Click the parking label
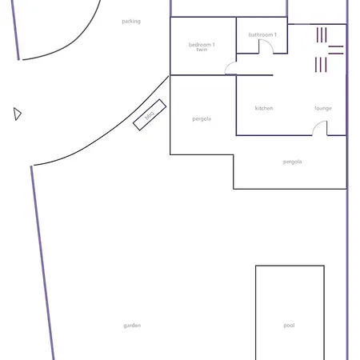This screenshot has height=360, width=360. tap(130, 22)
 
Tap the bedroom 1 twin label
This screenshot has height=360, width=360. tap(202, 46)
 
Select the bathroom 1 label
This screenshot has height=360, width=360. tap(262, 35)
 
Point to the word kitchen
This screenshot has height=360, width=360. tap(264, 108)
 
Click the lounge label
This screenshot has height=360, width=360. tap(323, 108)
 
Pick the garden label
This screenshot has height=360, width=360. tap(132, 326)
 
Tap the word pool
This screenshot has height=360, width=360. tap(289, 326)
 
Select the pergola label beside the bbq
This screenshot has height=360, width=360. tap(202, 119)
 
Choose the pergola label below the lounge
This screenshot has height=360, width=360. tap(292, 162)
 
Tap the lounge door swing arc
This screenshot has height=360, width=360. tap(318, 127)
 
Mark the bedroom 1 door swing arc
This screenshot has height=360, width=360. tap(230, 67)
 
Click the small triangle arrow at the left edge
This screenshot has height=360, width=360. tap(17, 114)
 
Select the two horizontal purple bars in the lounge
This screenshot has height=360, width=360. tap(336, 50)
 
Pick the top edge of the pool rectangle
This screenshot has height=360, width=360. tap(290, 266)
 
